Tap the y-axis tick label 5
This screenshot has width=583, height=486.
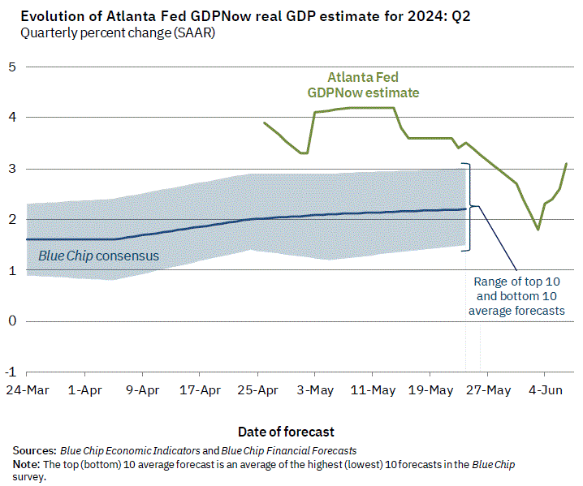click(x=12, y=67)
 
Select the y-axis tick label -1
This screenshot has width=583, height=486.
click(x=11, y=372)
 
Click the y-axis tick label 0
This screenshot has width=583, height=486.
click(x=12, y=321)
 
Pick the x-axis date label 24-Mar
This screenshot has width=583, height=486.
click(x=27, y=390)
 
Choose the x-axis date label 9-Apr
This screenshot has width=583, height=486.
click(x=143, y=390)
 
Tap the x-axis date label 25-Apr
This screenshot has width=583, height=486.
click(x=258, y=390)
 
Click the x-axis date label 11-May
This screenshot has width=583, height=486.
click(x=373, y=390)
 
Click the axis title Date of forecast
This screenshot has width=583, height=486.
click(x=286, y=432)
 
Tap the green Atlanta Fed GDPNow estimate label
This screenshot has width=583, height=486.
click(x=363, y=85)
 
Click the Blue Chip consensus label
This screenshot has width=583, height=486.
click(x=98, y=256)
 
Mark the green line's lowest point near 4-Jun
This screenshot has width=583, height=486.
click(x=538, y=230)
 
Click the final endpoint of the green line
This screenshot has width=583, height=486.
click(x=566, y=164)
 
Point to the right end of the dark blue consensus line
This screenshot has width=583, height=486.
click(x=466, y=209)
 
